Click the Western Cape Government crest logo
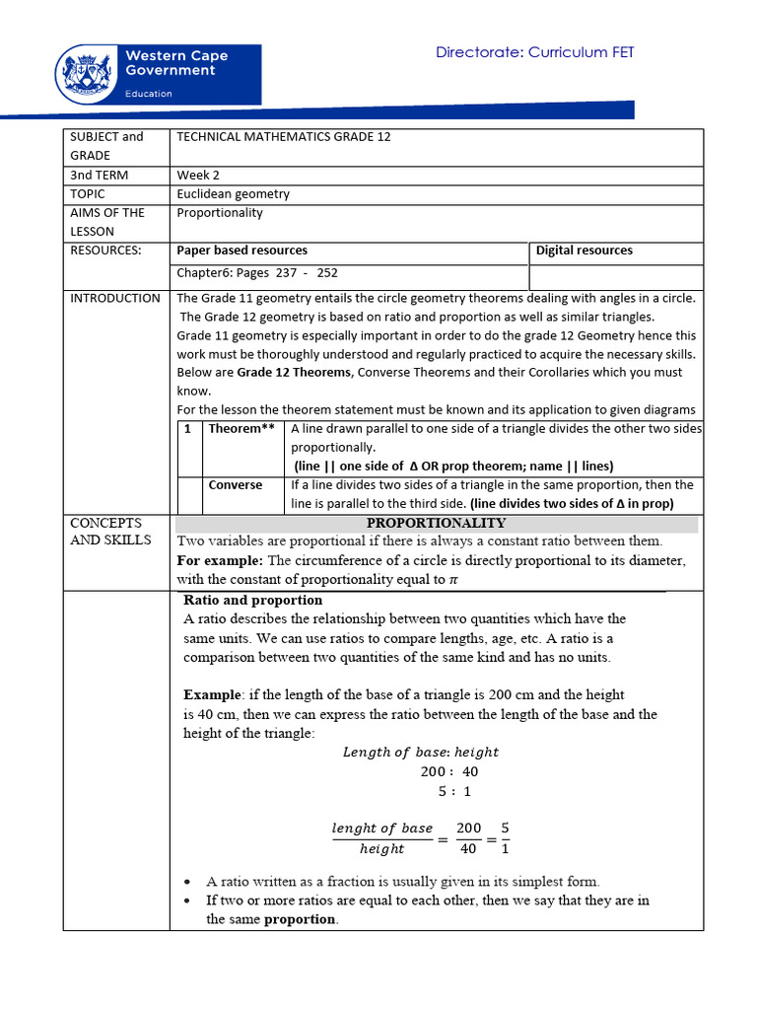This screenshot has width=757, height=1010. tap(89, 73)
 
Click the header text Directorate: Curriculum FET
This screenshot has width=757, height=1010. tap(535, 52)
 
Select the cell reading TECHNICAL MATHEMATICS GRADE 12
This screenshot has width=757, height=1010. tap(284, 137)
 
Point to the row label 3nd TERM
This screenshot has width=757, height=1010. tap(100, 175)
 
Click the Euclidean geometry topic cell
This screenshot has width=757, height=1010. tap(233, 194)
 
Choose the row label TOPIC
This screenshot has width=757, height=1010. tap(88, 194)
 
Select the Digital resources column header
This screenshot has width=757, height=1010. tap(584, 251)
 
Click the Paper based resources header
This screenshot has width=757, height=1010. tap(241, 251)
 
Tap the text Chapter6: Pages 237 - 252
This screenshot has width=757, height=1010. tap(257, 273)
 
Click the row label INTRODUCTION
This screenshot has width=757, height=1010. tap(115, 298)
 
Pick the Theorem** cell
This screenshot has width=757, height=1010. tap(241, 429)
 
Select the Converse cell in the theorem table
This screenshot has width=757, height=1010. tap(236, 485)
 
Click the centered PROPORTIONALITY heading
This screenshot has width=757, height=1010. tap(436, 523)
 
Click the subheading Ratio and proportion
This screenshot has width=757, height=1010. tap(253, 600)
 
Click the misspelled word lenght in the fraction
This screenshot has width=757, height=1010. tap(352, 829)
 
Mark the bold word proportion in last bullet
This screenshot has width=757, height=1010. tap(300, 919)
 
